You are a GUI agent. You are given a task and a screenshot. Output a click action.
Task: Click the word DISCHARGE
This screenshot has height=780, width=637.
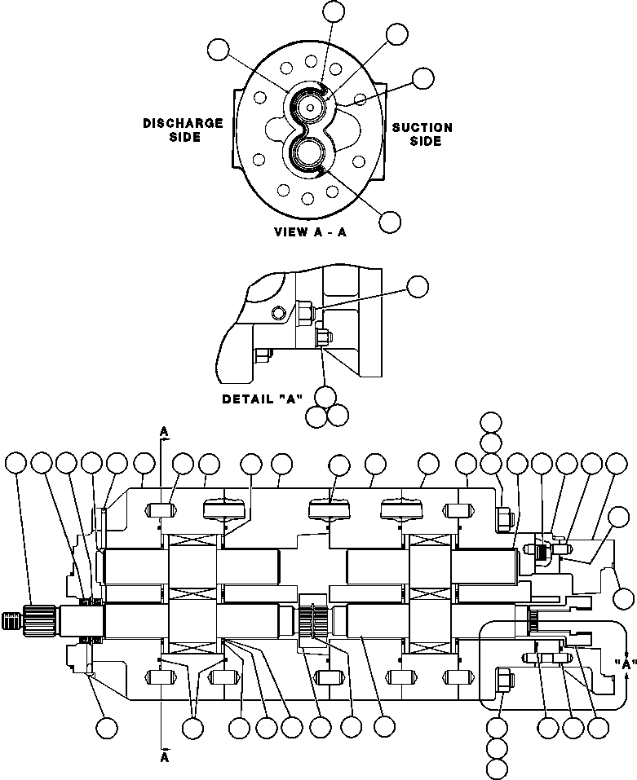click(183, 123)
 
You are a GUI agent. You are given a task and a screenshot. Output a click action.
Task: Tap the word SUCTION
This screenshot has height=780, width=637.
click(422, 127)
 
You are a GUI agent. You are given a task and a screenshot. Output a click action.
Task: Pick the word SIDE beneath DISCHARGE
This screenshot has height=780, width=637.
click(184, 137)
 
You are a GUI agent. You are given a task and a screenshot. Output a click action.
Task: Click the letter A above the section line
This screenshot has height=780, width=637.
click(165, 430)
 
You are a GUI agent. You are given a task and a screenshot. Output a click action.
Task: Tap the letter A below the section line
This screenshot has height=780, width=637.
click(165, 756)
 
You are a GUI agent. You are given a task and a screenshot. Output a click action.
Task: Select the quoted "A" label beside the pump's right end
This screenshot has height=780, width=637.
click(626, 663)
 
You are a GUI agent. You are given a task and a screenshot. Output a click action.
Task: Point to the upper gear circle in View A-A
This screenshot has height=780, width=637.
click(311, 105)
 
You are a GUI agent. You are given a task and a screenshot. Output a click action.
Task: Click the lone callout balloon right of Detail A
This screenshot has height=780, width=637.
click(418, 286)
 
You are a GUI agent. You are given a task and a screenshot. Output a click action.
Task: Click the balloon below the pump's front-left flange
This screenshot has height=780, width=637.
click(105, 727)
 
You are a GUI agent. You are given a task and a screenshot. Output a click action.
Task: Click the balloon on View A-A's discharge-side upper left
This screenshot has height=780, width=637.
click(218, 49)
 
